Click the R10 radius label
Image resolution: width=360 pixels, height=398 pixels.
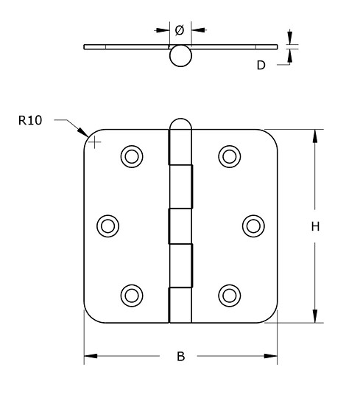click(x=30, y=120)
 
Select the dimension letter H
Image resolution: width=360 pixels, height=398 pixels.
click(x=314, y=227)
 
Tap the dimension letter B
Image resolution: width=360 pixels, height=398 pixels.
click(x=180, y=357)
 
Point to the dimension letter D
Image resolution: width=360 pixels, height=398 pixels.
click(x=261, y=66)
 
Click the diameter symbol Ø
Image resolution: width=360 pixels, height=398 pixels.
click(x=180, y=30)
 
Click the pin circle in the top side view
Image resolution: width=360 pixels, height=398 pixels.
click(x=180, y=56)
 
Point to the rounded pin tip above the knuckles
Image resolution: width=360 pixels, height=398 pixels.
click(x=180, y=125)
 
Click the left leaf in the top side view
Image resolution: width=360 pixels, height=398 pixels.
click(x=125, y=47)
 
